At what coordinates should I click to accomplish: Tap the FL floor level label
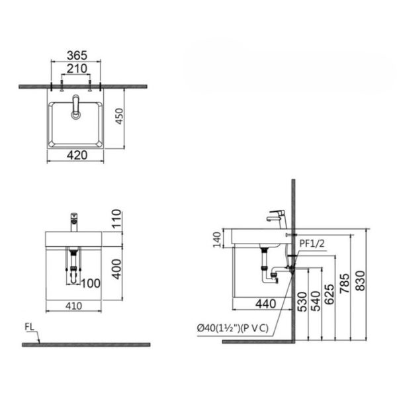point(29,328)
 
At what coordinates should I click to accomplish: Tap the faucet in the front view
point(73,220)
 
